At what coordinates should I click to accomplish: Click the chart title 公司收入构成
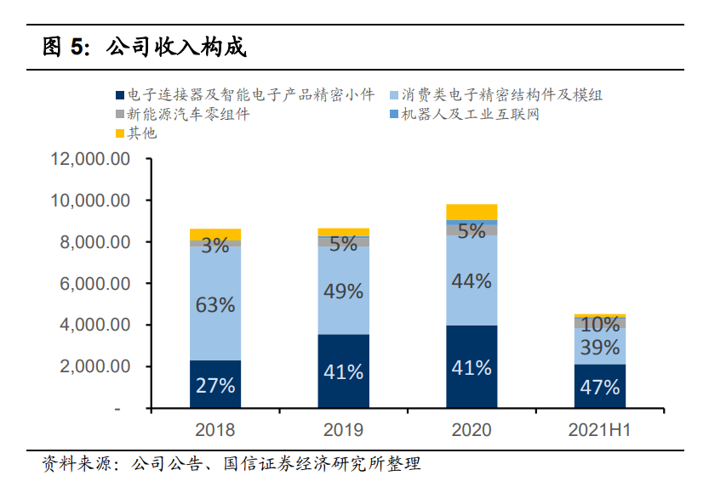click(175, 48)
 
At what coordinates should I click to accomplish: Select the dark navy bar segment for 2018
click(214, 384)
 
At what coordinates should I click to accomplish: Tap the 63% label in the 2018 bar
click(214, 304)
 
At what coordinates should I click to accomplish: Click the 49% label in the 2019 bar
click(343, 291)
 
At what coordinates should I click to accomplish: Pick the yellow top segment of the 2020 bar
click(472, 212)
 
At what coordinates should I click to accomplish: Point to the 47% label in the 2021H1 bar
click(599, 388)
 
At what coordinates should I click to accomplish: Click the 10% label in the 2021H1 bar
click(599, 325)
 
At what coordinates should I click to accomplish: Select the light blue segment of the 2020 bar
click(472, 280)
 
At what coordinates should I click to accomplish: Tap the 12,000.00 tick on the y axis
click(90, 159)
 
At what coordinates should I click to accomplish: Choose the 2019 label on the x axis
click(343, 430)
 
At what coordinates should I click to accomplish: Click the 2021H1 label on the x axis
click(599, 430)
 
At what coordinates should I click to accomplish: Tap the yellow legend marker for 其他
click(119, 133)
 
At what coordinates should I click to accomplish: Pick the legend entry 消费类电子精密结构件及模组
click(500, 95)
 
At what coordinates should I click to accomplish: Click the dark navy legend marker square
click(119, 95)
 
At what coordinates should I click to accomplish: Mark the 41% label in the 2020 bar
click(472, 368)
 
